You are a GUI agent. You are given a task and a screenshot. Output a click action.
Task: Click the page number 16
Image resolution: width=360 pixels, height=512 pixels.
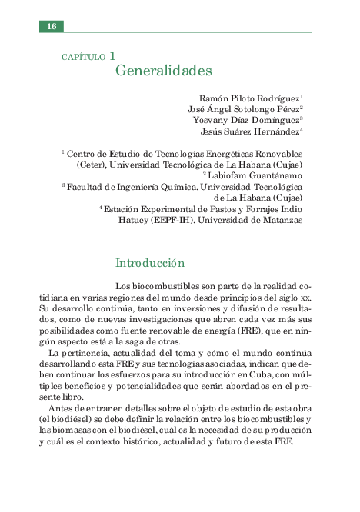52,26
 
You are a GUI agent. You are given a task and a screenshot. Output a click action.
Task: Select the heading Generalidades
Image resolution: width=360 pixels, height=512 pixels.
163,71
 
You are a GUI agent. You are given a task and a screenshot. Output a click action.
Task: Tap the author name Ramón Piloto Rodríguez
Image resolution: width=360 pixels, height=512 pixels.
249,98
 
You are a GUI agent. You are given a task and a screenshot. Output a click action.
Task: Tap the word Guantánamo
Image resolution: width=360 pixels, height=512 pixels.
275,175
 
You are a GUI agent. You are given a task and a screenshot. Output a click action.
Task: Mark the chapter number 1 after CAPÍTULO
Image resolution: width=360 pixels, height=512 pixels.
112,55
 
